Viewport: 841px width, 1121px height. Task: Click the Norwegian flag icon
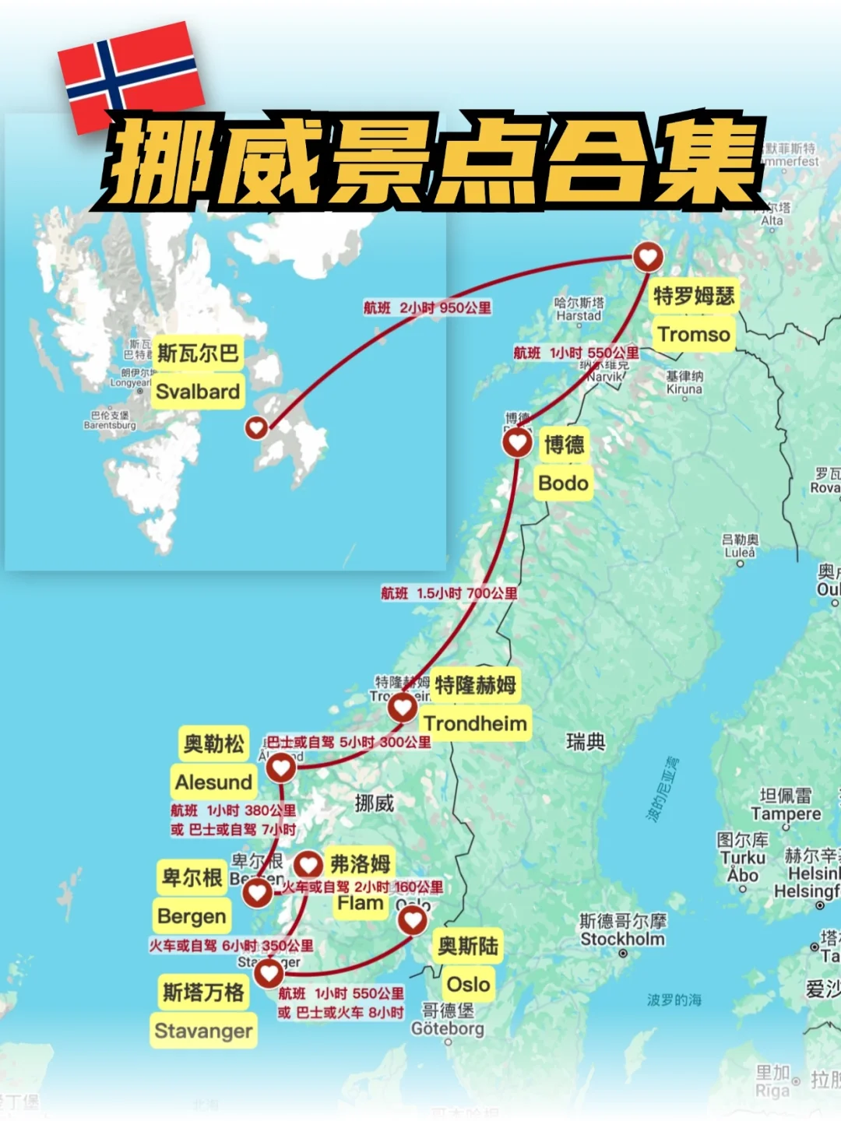[131, 76]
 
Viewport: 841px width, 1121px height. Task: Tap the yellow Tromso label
[693, 335]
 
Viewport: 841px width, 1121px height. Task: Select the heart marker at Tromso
[647, 255]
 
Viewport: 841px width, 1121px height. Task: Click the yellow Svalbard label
[197, 391]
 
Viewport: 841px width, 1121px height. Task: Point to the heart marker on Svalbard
[256, 427]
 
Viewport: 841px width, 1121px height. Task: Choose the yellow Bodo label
[563, 483]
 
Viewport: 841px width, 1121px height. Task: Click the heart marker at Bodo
[517, 442]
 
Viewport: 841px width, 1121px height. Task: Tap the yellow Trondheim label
[475, 723]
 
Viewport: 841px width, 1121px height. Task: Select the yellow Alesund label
[213, 782]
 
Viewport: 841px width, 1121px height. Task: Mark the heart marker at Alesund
[281, 768]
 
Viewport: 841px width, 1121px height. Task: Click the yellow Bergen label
[192, 916]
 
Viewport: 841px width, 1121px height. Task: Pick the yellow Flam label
[360, 904]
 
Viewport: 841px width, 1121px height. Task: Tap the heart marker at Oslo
[413, 920]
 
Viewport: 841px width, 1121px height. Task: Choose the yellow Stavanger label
[203, 1031]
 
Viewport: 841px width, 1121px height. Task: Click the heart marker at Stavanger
[269, 972]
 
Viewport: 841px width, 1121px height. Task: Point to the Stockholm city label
[623, 939]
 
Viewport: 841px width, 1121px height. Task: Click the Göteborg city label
[448, 1028]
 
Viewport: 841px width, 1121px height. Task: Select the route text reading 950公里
[466, 307]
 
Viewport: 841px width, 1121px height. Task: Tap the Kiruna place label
[684, 388]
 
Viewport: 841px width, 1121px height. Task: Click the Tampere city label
[786, 814]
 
